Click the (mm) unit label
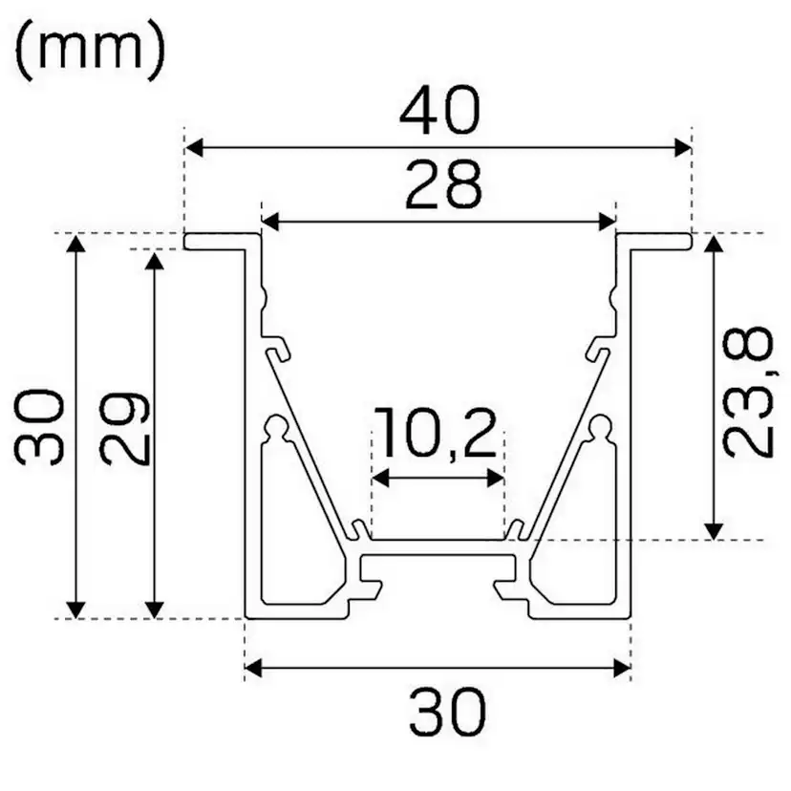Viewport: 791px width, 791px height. click(91, 52)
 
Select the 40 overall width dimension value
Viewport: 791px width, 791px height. click(438, 113)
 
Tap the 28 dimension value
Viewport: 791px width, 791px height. click(442, 185)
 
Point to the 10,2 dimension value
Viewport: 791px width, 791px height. click(436, 435)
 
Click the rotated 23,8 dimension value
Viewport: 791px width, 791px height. click(746, 392)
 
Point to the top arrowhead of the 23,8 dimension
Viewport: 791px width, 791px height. click(713, 246)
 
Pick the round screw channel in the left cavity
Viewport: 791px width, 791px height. click(277, 426)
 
